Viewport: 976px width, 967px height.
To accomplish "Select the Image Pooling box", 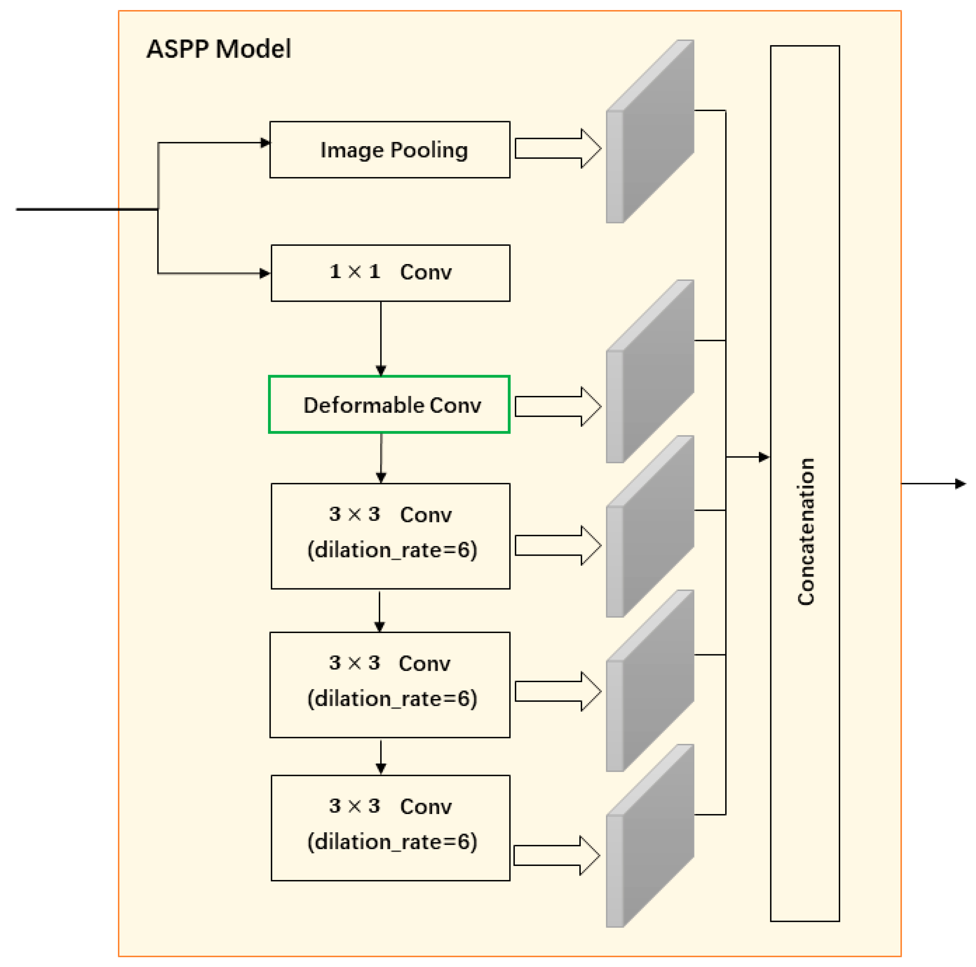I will point(389,149).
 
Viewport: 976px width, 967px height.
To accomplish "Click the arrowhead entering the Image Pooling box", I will point(265,143).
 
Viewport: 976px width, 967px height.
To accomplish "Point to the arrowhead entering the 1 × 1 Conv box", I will point(265,273).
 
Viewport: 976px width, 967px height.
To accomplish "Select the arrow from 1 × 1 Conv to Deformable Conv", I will point(381,339).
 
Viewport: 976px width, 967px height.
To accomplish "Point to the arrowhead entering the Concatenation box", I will point(764,457).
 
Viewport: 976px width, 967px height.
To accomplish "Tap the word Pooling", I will point(429,150).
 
